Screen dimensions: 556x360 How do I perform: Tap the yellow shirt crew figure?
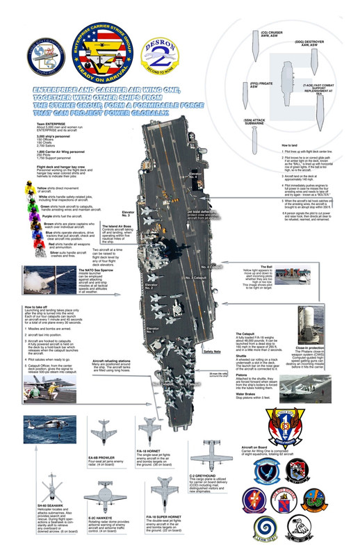tap(31, 188)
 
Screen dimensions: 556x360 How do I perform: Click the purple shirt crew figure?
tap(31, 218)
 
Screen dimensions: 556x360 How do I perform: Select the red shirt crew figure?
tap(31, 247)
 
